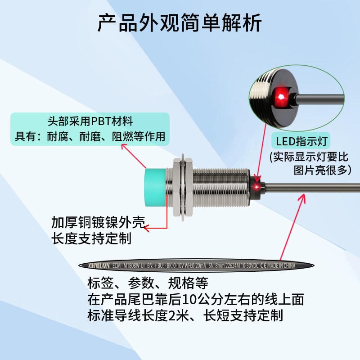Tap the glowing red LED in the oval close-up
[x=280, y=95]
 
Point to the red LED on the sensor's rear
[x=257, y=186]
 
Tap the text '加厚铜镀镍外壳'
[x=97, y=223]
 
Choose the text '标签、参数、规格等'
[x=148, y=283]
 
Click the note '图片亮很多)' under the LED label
[x=322, y=170]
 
